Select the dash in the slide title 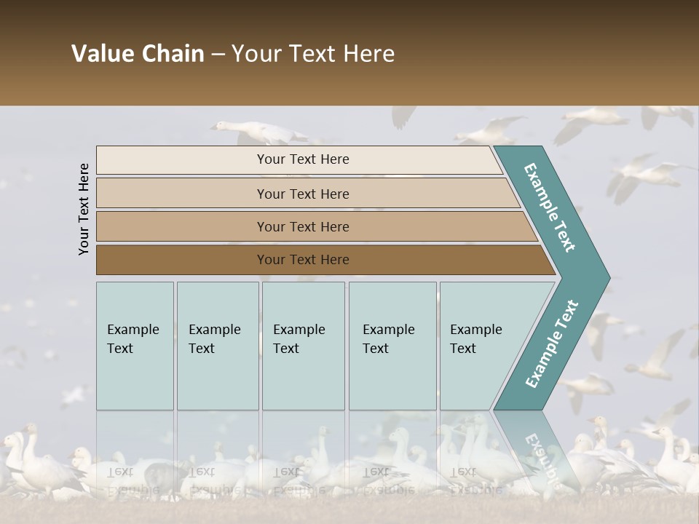click(218, 55)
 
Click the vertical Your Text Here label click(84, 209)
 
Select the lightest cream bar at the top click(299, 160)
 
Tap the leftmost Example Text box click(135, 346)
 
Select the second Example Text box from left click(217, 346)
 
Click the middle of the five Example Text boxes click(303, 346)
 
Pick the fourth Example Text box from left click(392, 346)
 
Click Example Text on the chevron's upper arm click(550, 207)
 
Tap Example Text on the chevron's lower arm click(552, 344)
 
